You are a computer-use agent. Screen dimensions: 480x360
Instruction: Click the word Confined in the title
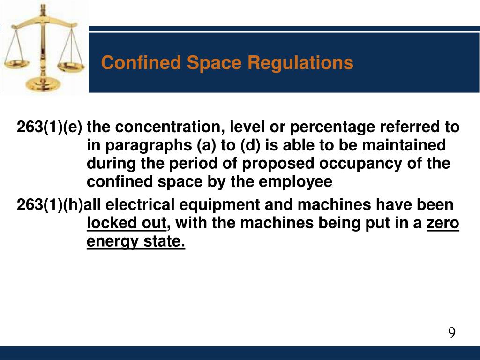[x=141, y=62]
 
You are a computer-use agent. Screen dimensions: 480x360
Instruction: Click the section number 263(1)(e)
[x=50, y=127]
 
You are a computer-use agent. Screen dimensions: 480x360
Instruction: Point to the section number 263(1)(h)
[x=50, y=204]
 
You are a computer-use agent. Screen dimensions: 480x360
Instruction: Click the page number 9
[x=451, y=332]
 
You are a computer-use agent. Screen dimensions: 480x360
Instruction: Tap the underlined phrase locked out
[x=127, y=223]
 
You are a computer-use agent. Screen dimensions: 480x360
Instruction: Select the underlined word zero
[x=442, y=223]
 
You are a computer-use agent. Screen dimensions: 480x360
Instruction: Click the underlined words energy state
[x=136, y=241]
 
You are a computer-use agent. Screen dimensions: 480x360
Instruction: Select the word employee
[x=295, y=182]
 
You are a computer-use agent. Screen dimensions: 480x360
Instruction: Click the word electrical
[x=140, y=204]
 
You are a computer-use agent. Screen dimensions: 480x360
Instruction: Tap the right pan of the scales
[x=71, y=66]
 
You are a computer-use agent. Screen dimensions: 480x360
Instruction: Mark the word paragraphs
[x=149, y=146]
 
